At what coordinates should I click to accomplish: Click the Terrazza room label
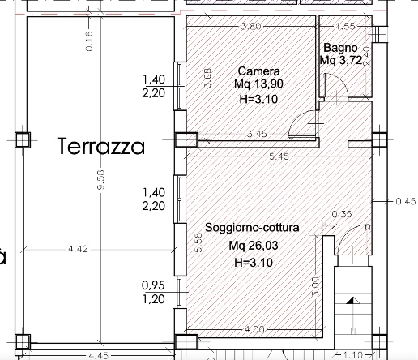tap(101, 146)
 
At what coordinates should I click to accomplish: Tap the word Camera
tap(258, 71)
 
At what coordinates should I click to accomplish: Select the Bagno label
tap(340, 49)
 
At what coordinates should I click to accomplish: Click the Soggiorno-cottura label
tap(252, 228)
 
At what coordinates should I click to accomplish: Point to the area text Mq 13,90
tap(258, 84)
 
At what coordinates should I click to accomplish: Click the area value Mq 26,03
tap(254, 246)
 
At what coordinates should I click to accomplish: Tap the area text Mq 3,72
tap(341, 60)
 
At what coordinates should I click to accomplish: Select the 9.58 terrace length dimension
tap(100, 180)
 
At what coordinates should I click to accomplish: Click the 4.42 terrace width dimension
tap(78, 249)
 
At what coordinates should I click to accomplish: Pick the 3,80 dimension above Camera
tap(251, 27)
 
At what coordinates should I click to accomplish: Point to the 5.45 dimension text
tap(279, 156)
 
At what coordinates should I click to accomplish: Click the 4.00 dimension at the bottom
tap(254, 329)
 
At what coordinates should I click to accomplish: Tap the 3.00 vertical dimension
tap(315, 286)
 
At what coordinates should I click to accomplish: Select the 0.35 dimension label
tap(342, 214)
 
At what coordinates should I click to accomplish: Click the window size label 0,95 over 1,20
tap(153, 292)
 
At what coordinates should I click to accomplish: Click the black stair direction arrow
tap(352, 301)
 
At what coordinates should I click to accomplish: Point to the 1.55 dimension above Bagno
tap(345, 27)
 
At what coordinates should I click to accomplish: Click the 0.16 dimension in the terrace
tap(89, 41)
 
